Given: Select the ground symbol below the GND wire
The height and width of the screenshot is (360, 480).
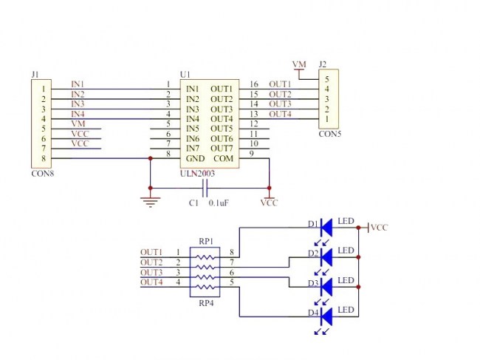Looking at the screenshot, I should [x=151, y=201].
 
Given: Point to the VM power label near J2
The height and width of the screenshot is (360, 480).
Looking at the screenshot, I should [x=298, y=65].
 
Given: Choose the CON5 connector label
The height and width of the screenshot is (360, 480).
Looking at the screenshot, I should [x=329, y=135].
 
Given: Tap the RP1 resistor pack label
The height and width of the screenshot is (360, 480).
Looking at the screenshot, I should [x=205, y=242].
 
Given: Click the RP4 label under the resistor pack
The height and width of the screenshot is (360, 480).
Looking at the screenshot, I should [x=205, y=303].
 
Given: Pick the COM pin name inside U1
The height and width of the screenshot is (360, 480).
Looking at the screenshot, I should [x=222, y=158].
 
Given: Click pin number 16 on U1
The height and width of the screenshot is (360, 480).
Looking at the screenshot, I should [x=253, y=84].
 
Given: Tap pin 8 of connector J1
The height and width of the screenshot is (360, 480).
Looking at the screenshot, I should [x=44, y=158].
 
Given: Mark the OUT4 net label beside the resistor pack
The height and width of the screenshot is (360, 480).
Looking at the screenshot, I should [x=151, y=282].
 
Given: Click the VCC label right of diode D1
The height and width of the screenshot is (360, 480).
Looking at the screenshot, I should [x=379, y=228].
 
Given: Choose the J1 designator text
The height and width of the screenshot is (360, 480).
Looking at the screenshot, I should [x=35, y=74].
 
